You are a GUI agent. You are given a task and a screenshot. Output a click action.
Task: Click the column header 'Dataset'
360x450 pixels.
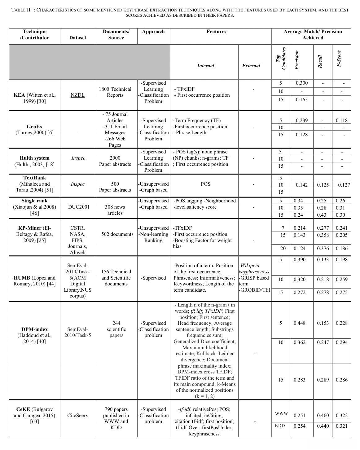77,37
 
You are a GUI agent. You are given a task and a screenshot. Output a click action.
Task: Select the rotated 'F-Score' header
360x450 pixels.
340,59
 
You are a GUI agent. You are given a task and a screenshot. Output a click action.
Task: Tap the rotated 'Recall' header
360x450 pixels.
320,61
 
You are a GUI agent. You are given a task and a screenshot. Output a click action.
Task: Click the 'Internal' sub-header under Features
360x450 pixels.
205,65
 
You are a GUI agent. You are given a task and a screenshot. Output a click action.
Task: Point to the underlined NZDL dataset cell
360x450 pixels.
77,95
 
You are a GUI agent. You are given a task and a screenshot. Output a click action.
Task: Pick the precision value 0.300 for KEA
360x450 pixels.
301,83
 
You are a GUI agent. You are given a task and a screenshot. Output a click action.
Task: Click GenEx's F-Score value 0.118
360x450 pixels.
341,120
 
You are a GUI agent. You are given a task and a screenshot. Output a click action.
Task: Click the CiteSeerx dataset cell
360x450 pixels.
77,415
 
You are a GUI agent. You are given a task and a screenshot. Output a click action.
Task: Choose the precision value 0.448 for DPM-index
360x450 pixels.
299,323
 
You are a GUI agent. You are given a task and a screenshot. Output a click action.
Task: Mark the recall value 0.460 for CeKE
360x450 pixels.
323,415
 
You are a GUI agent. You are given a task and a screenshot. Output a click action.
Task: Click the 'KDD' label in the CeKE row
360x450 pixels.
280,426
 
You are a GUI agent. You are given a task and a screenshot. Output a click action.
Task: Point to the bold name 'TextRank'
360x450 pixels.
34,178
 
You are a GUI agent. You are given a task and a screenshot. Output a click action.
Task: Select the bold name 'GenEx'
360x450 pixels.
34,126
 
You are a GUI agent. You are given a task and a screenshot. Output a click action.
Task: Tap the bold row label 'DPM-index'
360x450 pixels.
34,329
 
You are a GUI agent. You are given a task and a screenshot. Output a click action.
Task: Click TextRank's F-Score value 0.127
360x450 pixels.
344,185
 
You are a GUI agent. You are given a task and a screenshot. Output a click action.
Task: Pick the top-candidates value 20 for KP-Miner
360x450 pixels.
283,248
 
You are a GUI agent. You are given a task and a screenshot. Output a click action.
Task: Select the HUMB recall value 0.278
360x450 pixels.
323,292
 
